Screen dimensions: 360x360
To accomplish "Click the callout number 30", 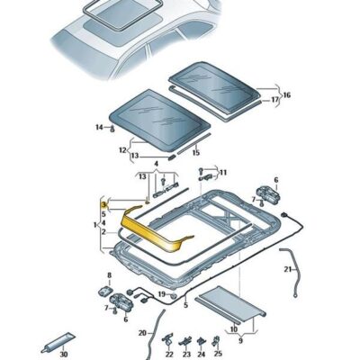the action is (63, 355).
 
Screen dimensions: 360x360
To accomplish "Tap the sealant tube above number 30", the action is (58, 342).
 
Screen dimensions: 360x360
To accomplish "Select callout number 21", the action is (288, 270).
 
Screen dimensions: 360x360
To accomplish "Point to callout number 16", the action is (287, 95).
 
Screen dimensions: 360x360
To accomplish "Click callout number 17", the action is (274, 100).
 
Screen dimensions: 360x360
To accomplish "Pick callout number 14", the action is (99, 128).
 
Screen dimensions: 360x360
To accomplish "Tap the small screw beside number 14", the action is (112, 129).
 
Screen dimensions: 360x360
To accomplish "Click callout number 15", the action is (196, 153).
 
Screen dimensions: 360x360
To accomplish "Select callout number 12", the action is (122, 150).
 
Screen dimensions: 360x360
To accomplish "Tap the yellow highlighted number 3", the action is (103, 204).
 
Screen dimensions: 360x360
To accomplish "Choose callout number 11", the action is (223, 173).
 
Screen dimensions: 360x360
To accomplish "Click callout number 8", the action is (109, 275).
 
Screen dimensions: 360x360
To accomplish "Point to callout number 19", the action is (162, 293).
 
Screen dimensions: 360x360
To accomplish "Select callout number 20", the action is (142, 333).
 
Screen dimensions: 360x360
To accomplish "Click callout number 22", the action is (169, 355).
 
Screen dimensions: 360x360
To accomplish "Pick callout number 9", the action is (240, 341).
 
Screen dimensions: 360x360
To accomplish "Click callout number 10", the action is (234, 329).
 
